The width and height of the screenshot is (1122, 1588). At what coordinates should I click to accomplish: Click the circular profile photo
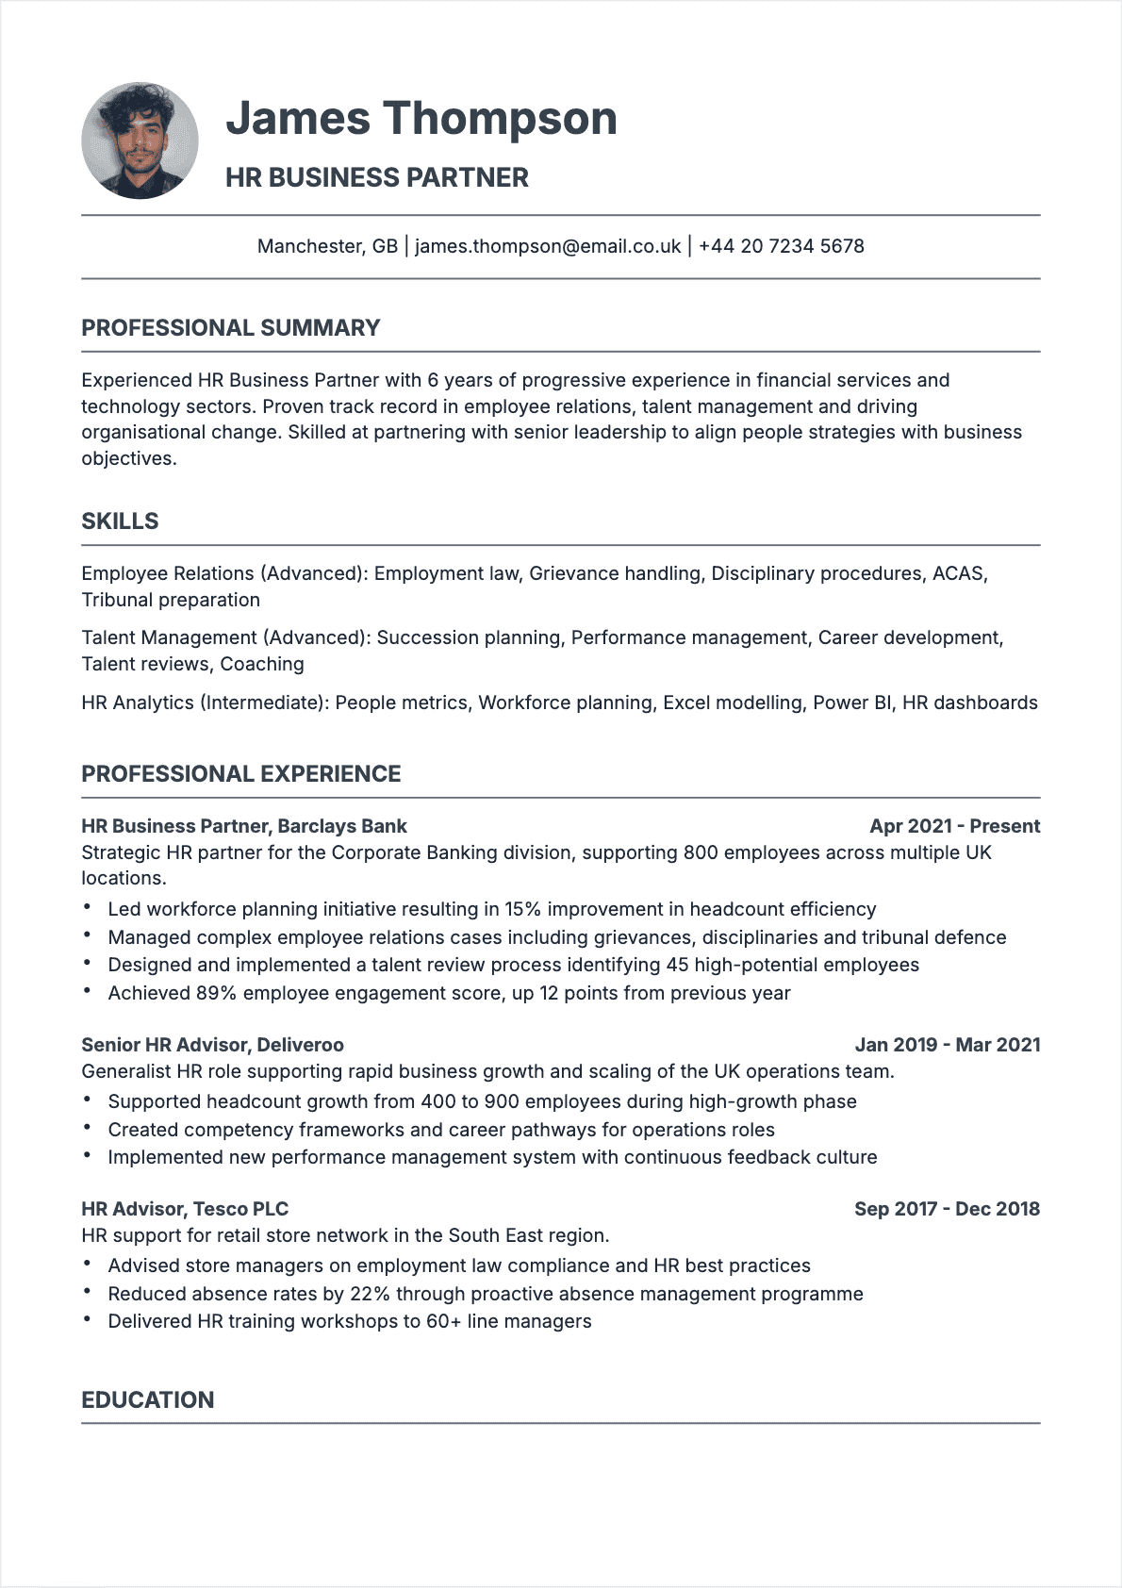(x=140, y=141)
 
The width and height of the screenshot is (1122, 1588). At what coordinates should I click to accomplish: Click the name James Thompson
(x=421, y=119)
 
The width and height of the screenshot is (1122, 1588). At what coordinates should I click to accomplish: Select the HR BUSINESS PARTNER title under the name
(x=376, y=177)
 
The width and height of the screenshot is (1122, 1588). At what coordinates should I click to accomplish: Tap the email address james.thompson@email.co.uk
(x=547, y=246)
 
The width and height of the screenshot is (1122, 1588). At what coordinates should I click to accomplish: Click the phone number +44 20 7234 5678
(x=781, y=246)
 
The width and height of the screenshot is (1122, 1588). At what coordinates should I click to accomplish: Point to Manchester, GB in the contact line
(x=327, y=246)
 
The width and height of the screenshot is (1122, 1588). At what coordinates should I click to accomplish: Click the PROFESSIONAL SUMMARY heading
(x=230, y=328)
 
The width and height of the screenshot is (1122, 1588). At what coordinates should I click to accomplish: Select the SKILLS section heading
(x=120, y=521)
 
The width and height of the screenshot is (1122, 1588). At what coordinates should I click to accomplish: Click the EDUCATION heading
(x=147, y=1399)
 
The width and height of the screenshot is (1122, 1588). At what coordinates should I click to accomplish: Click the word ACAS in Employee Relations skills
(x=957, y=573)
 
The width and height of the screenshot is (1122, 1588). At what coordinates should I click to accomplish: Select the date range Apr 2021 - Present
(x=954, y=826)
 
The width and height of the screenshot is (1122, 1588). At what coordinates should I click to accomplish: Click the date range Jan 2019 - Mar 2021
(x=947, y=1045)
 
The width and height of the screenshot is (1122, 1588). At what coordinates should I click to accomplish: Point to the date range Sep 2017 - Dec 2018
(x=947, y=1209)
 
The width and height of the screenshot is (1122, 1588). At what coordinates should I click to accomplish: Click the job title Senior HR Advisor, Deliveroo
(x=212, y=1045)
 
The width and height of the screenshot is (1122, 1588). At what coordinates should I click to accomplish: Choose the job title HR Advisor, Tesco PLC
(x=185, y=1209)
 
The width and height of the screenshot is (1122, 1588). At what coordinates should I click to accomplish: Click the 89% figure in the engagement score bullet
(x=216, y=993)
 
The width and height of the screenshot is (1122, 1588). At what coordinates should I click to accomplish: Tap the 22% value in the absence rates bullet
(x=370, y=1294)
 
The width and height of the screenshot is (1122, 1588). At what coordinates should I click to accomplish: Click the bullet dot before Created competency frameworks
(x=87, y=1128)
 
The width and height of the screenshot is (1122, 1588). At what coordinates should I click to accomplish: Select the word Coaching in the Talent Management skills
(x=262, y=664)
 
